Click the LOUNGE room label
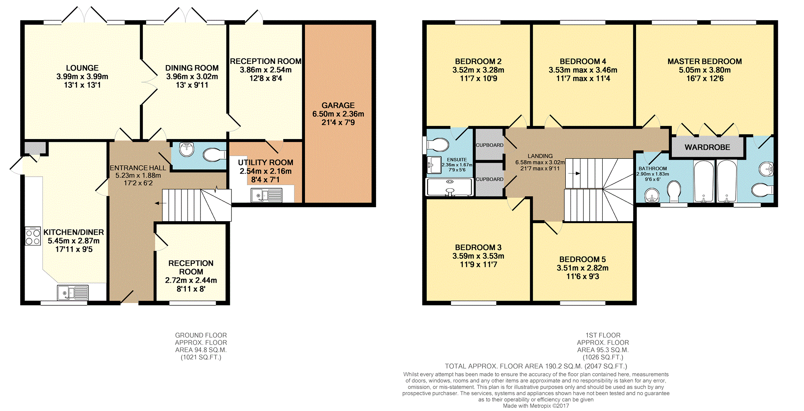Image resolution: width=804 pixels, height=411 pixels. coord(82,68)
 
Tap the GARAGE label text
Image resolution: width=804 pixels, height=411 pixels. coord(338,105)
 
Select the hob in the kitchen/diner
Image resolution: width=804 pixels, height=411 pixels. coord(33,236)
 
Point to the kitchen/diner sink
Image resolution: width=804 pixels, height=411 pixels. coord(73,293)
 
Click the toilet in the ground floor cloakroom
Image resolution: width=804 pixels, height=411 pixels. coord(214,154)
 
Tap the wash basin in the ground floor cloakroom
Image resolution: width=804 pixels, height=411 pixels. coord(187,149)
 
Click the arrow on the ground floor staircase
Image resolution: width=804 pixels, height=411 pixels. coord(160,203)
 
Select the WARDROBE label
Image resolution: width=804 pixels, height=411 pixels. coord(707,147)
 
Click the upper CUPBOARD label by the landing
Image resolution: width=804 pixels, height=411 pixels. coord(490,145)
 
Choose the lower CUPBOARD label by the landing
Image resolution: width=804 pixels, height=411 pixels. coord(490,179)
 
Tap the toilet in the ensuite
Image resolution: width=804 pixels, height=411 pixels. coord(437,145)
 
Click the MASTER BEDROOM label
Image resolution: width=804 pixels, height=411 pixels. coord(704,62)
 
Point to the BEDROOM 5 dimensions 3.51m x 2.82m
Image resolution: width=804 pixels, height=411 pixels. coord(582,268)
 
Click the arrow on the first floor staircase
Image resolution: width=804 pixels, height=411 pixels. coord(574,173)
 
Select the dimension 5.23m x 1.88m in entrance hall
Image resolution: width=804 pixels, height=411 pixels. coord(138,176)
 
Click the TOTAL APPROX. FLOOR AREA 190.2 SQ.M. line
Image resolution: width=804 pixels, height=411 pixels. coord(536,366)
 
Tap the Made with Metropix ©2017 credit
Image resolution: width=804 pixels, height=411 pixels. coord(536,406)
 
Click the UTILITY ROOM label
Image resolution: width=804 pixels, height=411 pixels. coord(265,162)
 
